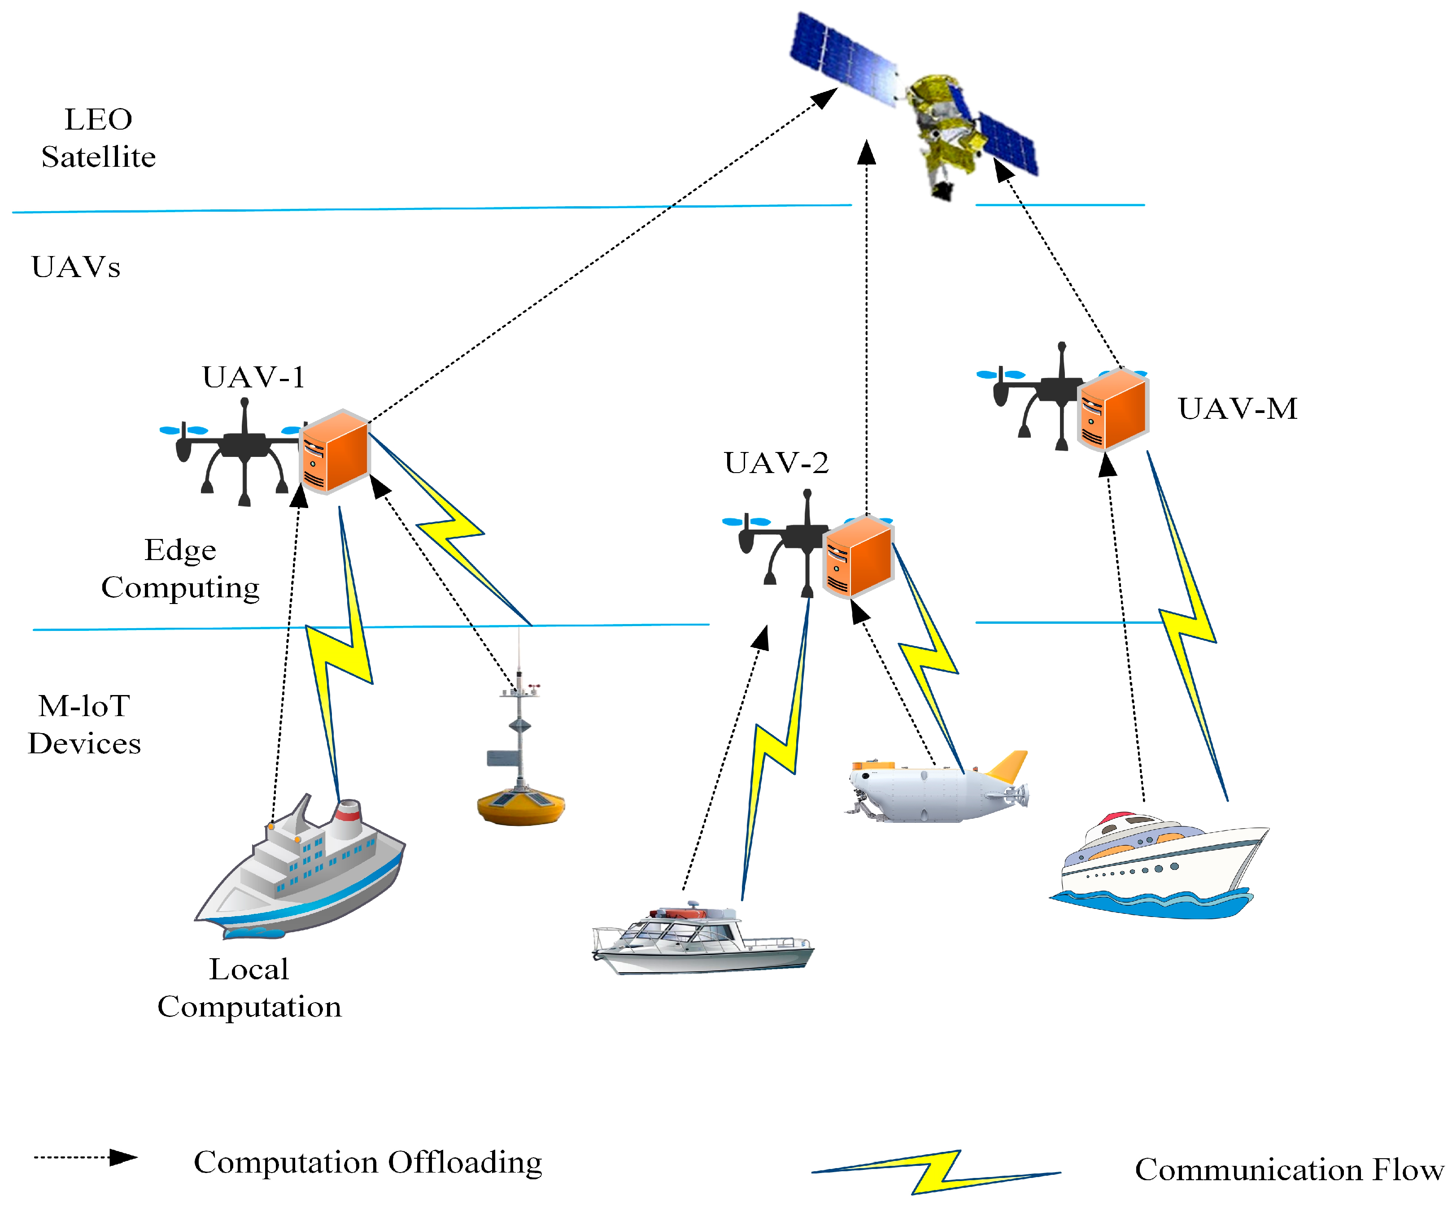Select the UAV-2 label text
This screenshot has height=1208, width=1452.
(x=776, y=463)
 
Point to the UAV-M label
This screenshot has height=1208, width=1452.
(x=1237, y=408)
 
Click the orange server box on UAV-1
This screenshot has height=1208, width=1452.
(x=335, y=451)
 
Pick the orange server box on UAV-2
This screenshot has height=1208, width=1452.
(x=859, y=557)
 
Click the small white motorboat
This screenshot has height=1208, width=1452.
(x=702, y=940)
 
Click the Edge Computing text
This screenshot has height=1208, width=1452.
(x=180, y=569)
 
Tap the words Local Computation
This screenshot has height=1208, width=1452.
(x=249, y=988)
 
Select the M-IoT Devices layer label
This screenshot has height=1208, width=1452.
(x=84, y=724)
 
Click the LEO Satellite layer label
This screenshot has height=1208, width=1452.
(x=98, y=138)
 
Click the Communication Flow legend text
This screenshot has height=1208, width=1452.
(x=1289, y=1170)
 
